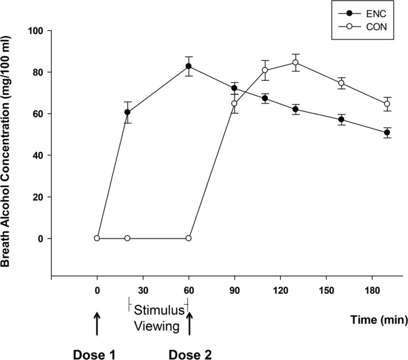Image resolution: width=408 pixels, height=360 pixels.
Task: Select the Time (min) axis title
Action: pos(378,319)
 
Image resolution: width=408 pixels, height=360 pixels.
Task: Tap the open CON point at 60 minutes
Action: pos(189,238)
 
